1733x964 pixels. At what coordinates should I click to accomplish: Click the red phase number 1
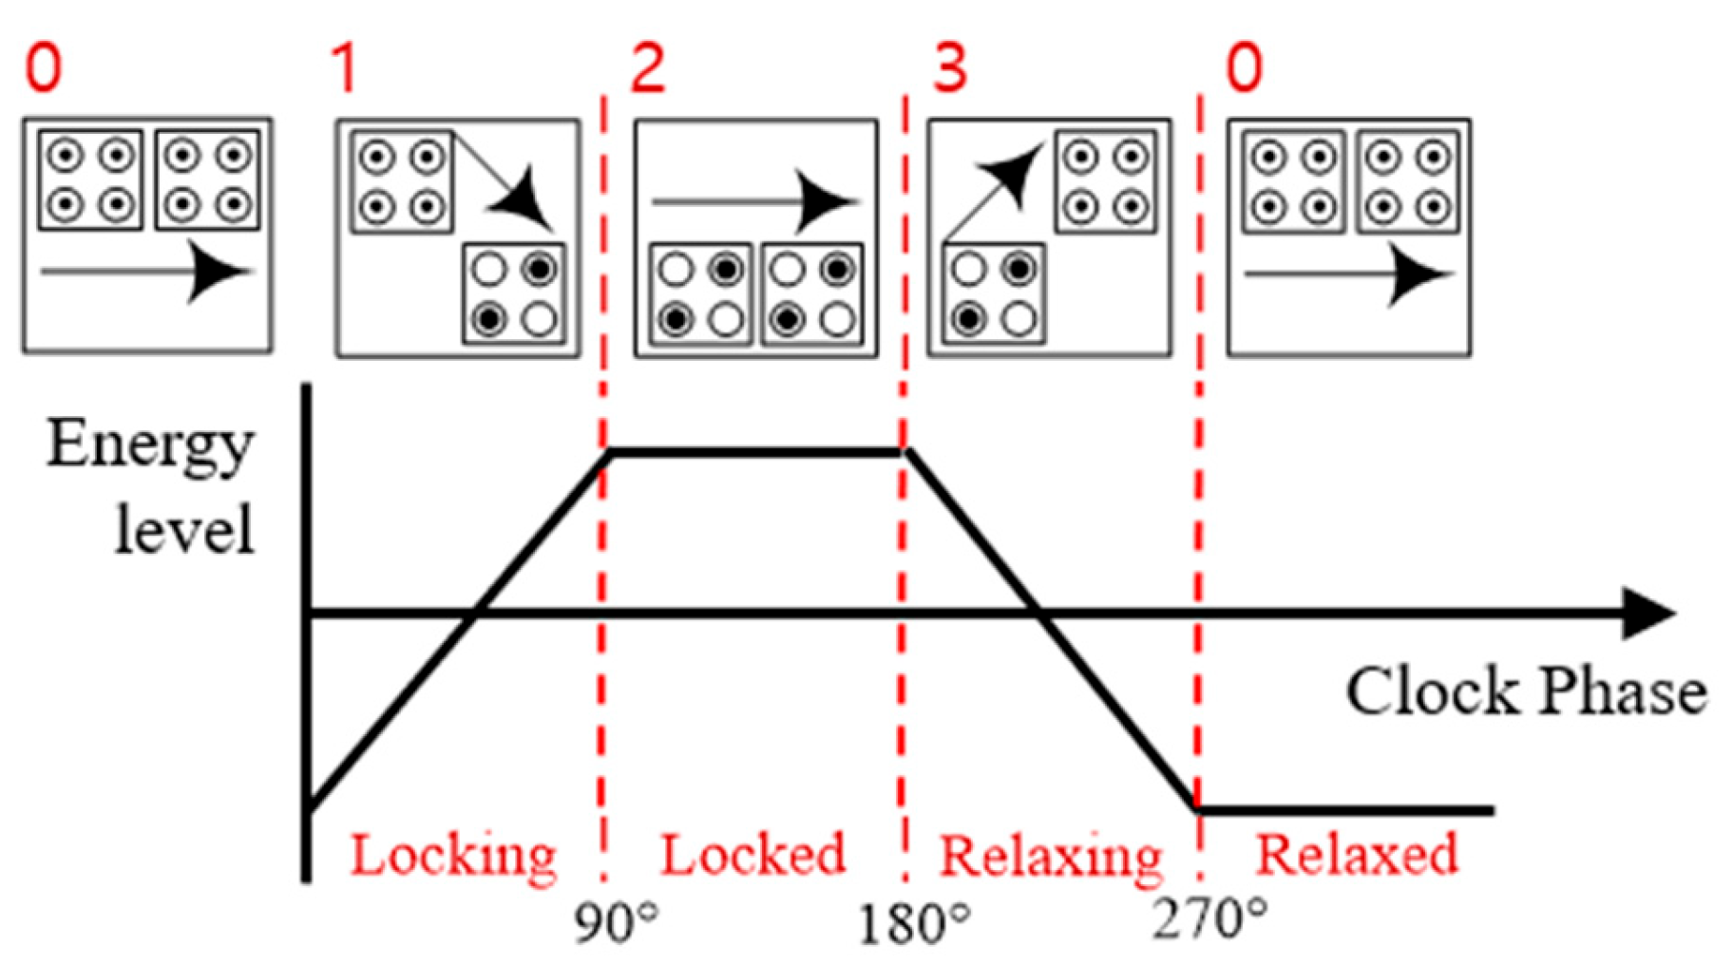(x=344, y=68)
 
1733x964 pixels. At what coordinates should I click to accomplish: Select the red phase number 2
(x=648, y=68)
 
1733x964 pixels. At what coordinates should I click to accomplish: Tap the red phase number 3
(x=949, y=68)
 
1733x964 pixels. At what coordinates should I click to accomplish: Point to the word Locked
(x=752, y=855)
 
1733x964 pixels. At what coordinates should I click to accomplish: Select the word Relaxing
(x=1051, y=857)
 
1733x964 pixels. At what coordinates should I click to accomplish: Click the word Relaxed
(x=1356, y=855)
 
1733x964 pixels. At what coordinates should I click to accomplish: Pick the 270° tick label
(x=1209, y=919)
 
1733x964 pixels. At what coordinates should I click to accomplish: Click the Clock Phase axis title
(x=1526, y=691)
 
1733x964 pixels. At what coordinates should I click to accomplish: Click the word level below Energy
(x=184, y=530)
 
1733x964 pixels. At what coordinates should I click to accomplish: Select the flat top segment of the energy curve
(x=755, y=452)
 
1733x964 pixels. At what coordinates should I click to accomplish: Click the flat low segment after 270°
(x=1344, y=810)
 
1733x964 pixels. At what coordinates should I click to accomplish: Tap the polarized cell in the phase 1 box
(x=514, y=294)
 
